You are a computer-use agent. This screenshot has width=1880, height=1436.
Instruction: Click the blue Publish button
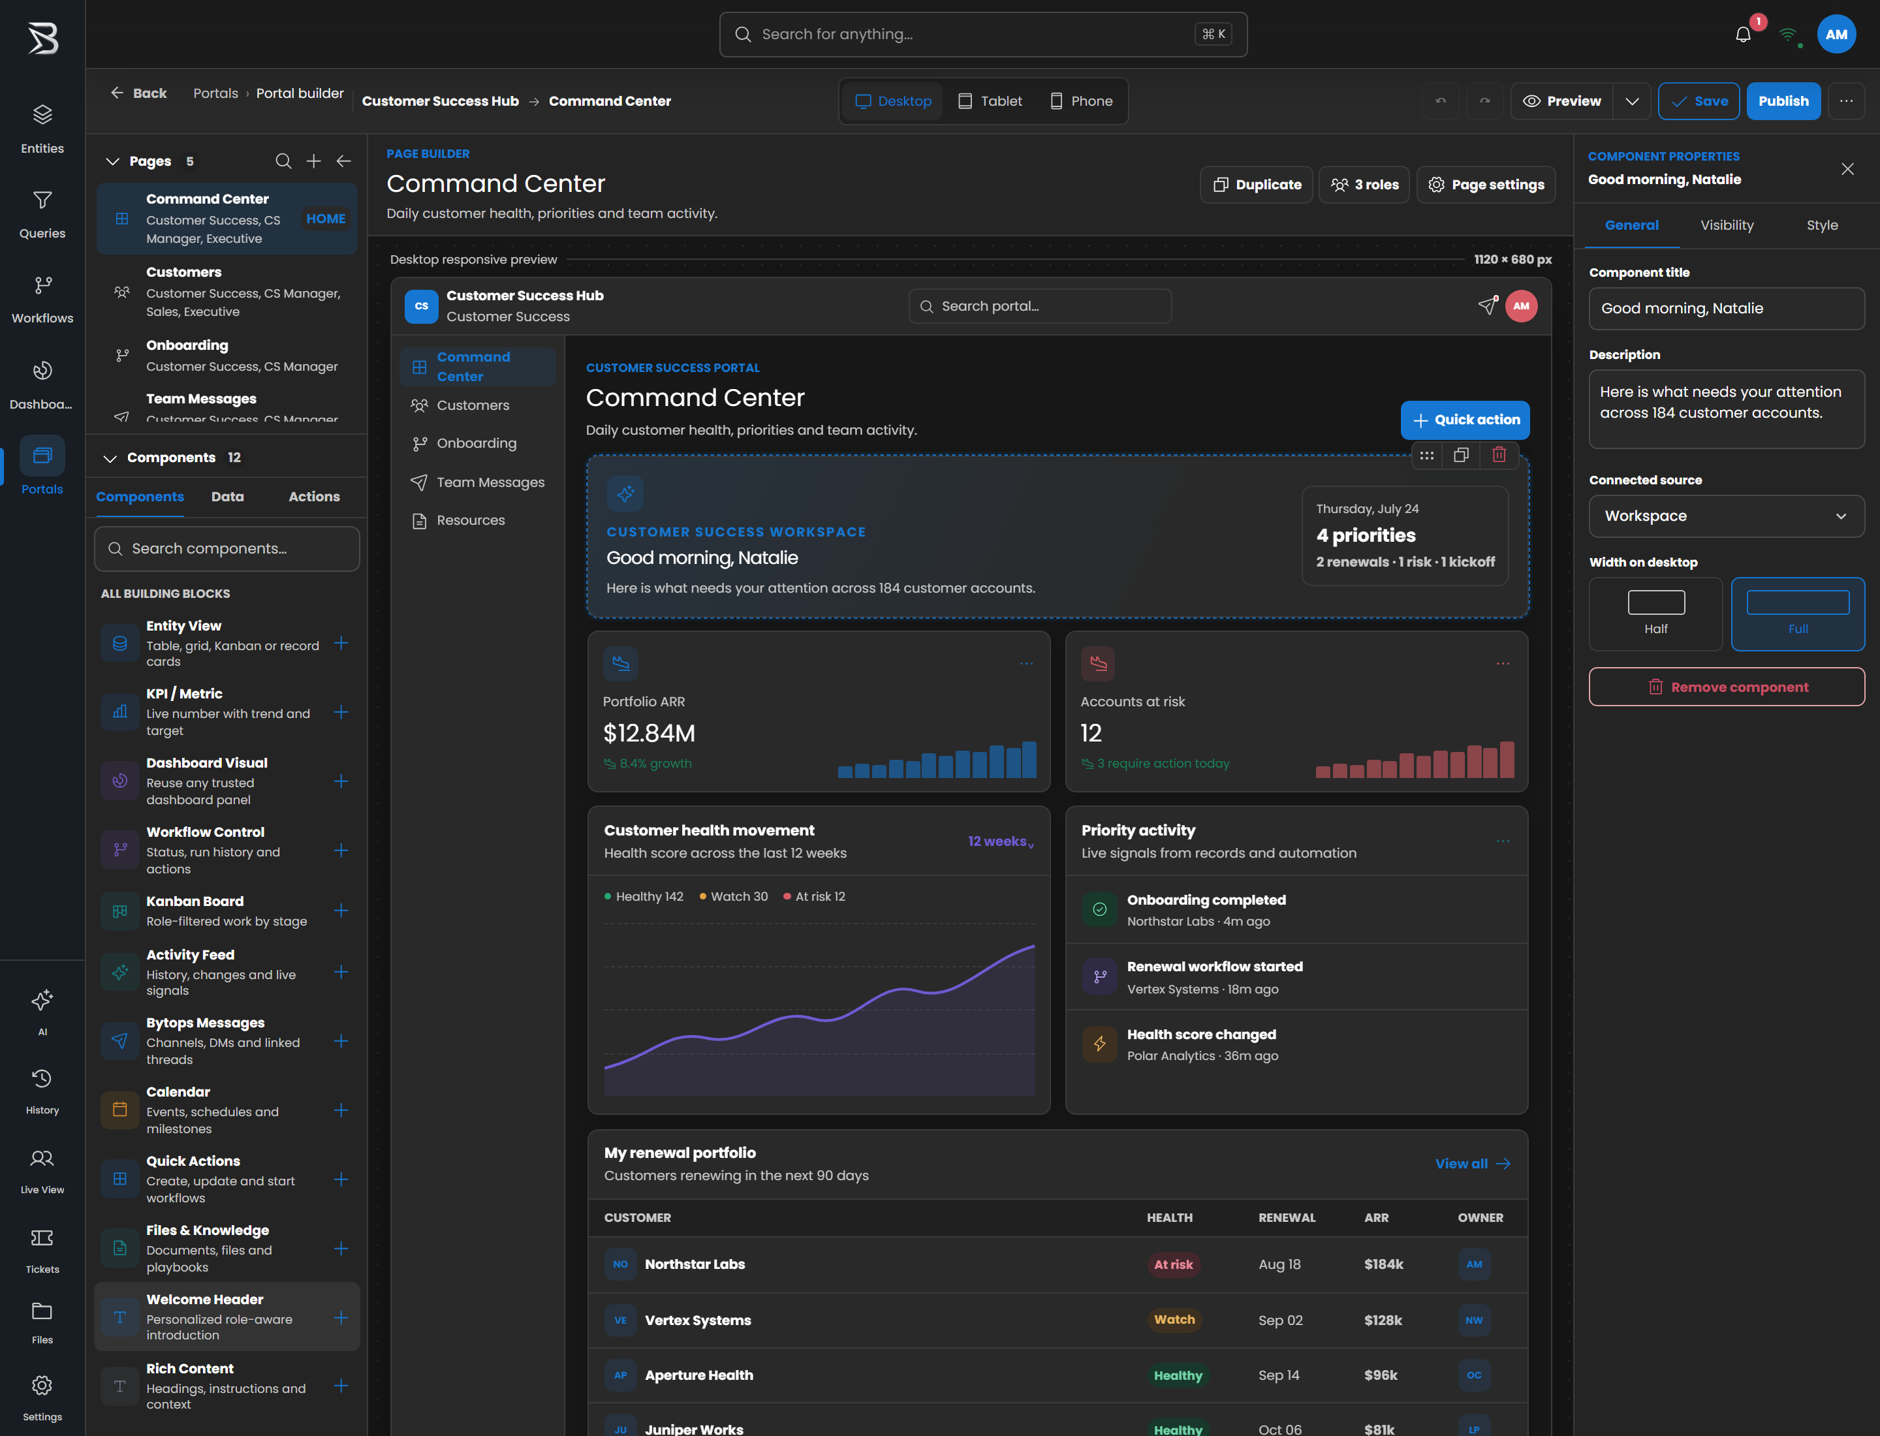tap(1783, 101)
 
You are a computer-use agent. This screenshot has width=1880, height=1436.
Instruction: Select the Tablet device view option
tap(990, 101)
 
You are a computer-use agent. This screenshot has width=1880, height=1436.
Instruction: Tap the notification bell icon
tap(1742, 34)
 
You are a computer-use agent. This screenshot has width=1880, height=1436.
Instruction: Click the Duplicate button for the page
tap(1257, 185)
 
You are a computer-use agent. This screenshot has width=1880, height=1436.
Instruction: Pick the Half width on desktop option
tap(1655, 614)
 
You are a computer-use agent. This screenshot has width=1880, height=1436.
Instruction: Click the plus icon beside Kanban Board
tap(341, 911)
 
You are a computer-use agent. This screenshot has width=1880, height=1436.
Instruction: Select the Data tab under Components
tap(227, 497)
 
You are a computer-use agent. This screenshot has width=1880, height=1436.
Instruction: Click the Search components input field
tap(227, 549)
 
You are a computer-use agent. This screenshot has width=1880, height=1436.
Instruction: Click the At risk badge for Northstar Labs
tap(1173, 1264)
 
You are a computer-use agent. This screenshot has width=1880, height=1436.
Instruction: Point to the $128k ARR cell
tap(1383, 1320)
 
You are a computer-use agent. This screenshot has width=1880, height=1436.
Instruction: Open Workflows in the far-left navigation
tap(42, 298)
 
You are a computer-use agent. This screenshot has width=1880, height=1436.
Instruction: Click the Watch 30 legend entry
tap(734, 897)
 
